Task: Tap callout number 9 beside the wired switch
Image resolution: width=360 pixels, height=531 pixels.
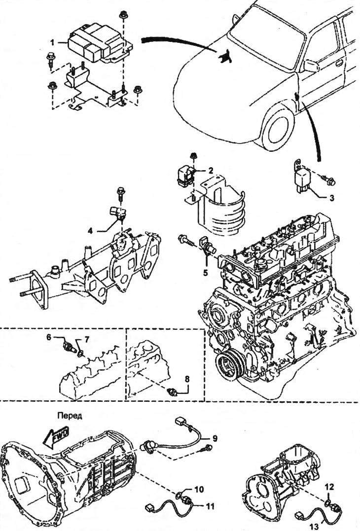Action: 215,437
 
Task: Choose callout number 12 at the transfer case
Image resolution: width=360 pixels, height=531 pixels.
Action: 329,486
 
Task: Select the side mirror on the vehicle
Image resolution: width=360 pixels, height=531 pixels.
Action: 311,66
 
